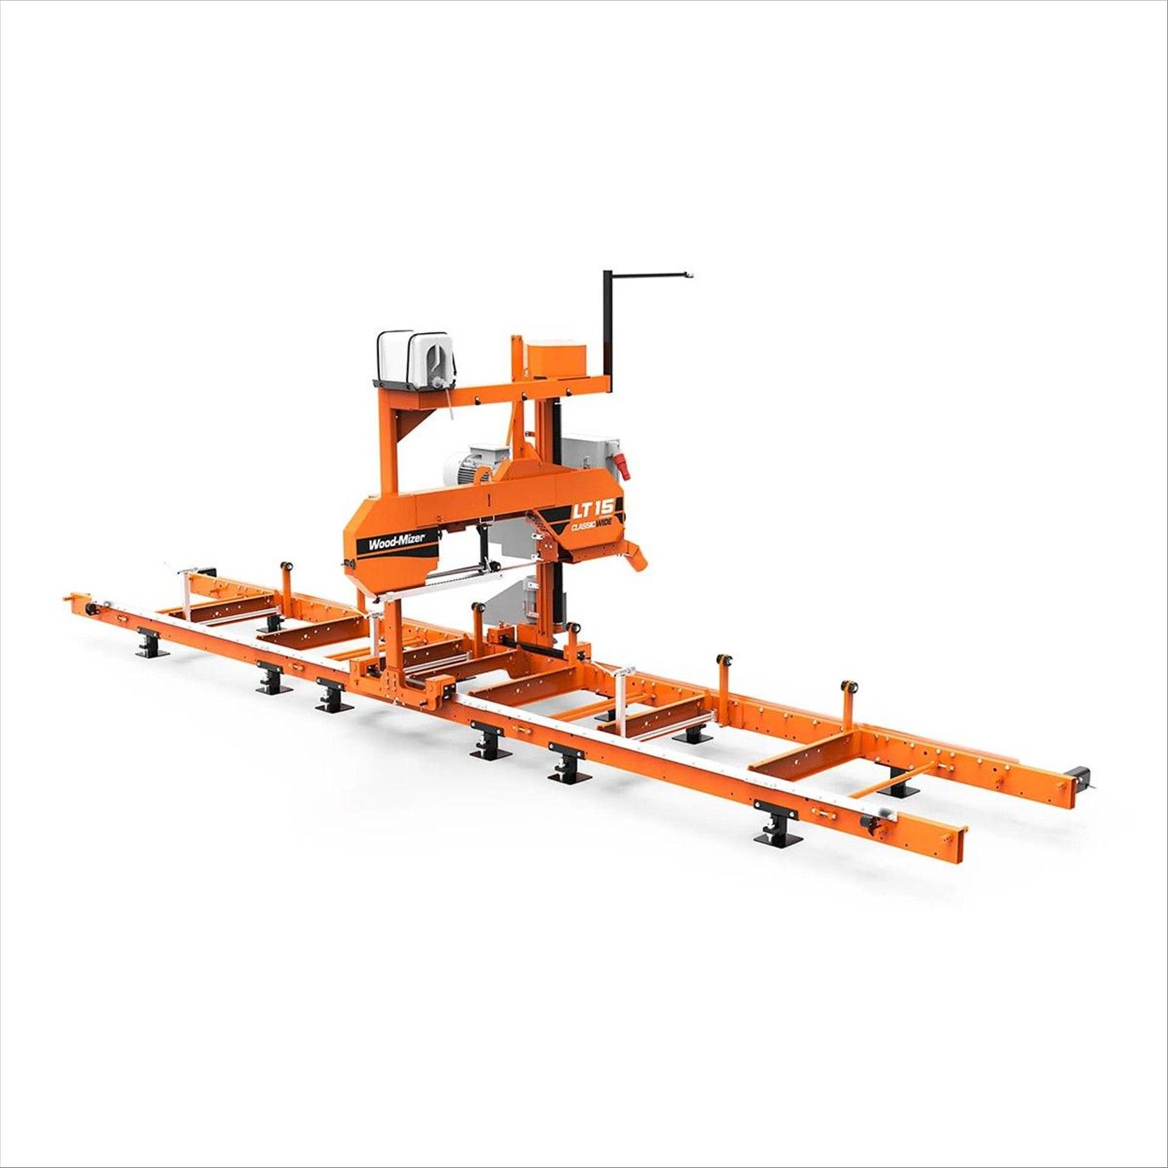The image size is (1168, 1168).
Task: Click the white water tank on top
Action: point(414,357)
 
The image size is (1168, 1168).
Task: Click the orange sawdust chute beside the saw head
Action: point(636,554)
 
